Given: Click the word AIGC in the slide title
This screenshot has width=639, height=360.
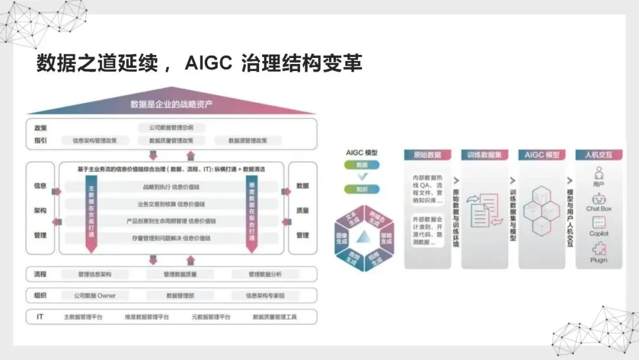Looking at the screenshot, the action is [208, 64].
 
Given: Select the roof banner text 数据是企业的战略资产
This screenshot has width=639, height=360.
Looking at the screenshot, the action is [172, 105].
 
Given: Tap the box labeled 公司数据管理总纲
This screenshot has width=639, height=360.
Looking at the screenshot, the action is [171, 127].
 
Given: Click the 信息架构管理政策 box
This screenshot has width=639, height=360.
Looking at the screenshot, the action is [95, 141].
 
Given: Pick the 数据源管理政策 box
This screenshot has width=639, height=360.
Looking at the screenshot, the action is [247, 141].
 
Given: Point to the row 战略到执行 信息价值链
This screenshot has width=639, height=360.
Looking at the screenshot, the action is [171, 187].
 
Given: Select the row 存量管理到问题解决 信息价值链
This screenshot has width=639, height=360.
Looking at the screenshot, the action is [171, 238].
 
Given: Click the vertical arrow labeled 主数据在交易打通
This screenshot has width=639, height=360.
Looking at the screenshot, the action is [91, 213].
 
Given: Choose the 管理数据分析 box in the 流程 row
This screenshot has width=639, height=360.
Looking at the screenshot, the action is [265, 275].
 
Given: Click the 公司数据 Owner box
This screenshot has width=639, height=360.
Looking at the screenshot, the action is [95, 295].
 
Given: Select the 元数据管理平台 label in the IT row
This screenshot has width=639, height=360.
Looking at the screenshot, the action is [211, 317].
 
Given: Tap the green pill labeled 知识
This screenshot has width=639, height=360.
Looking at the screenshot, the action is [362, 189].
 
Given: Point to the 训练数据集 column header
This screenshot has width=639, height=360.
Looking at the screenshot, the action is [484, 155].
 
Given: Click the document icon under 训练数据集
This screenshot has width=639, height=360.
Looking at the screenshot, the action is [483, 210].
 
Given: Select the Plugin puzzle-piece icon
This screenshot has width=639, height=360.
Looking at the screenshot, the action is [599, 249].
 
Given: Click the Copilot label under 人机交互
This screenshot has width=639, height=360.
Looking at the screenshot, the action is [599, 234].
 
